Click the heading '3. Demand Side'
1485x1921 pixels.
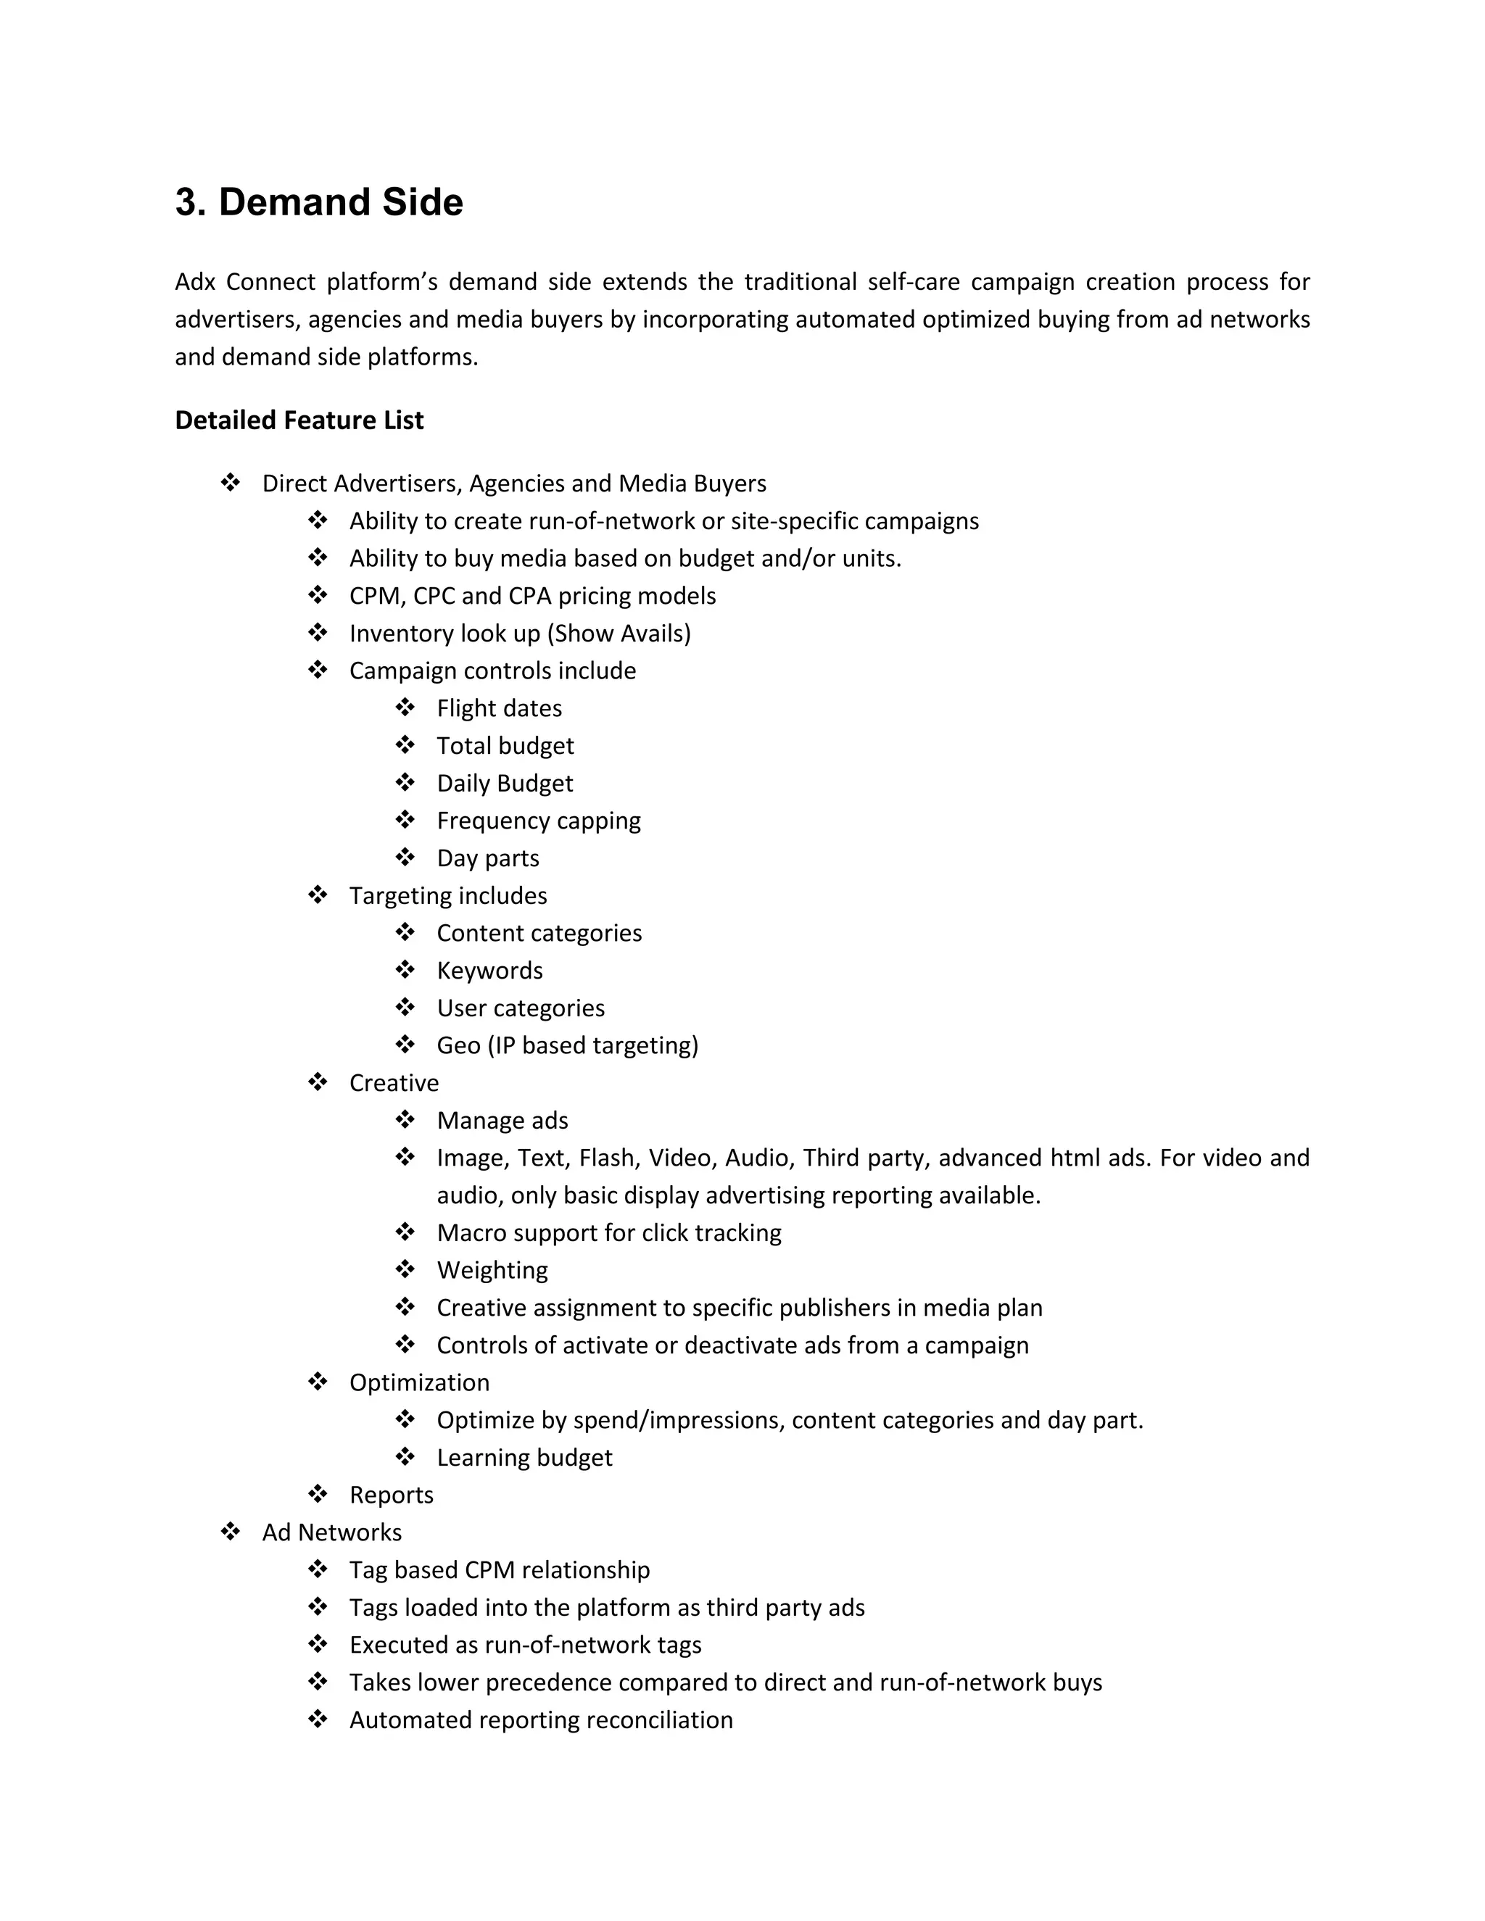pos(318,202)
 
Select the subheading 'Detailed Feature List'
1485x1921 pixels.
pos(299,420)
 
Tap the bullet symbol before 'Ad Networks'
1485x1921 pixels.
pos(231,1532)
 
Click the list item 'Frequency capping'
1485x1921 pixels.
pos(539,821)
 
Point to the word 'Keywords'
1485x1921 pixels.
pos(490,970)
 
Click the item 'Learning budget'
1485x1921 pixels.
pos(524,1458)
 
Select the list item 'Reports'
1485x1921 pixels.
pos(392,1495)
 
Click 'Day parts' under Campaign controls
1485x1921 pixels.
pos(488,858)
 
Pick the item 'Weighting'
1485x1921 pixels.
pos(492,1270)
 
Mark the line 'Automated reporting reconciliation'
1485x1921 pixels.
pos(541,1719)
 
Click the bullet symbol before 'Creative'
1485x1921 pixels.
pos(318,1083)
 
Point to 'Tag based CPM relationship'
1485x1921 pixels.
pos(500,1570)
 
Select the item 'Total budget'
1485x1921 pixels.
pos(505,746)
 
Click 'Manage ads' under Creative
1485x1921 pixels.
pos(502,1121)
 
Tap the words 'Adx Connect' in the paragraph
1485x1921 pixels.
pos(244,281)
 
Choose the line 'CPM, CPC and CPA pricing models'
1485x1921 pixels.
pos(532,597)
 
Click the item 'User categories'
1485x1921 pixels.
pos(521,1008)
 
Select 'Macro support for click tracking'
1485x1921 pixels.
pos(609,1232)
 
